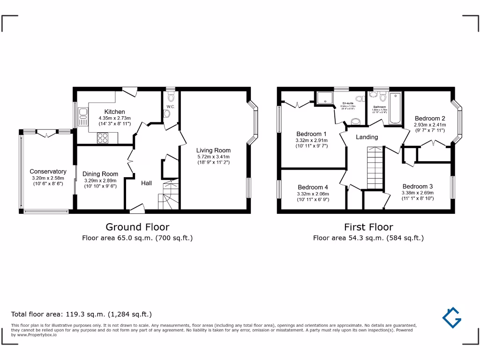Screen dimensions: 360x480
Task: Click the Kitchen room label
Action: pyautogui.click(x=114, y=112)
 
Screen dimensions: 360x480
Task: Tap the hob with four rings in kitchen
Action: pyautogui.click(x=103, y=138)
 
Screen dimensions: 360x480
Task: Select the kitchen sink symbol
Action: pyautogui.click(x=83, y=116)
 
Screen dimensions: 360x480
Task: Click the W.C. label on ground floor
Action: pyautogui.click(x=170, y=107)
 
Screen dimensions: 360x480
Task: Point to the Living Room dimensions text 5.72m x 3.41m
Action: pyautogui.click(x=213, y=157)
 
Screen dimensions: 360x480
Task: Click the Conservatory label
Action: pyautogui.click(x=48, y=172)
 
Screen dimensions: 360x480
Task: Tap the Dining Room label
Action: pyautogui.click(x=100, y=174)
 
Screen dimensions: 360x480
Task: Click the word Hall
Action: pyautogui.click(x=146, y=183)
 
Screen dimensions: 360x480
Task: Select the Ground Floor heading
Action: pyautogui.click(x=137, y=227)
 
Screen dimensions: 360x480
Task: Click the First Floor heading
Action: pyautogui.click(x=368, y=227)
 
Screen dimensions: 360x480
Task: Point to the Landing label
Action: pyautogui.click(x=367, y=137)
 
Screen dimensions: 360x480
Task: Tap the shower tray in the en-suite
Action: pyautogui.click(x=324, y=97)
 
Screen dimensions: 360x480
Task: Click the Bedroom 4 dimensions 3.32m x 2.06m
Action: pyautogui.click(x=313, y=194)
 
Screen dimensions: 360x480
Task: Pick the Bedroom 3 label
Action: pyautogui.click(x=417, y=186)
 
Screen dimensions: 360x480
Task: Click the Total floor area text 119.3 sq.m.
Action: pyautogui.click(x=81, y=314)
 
